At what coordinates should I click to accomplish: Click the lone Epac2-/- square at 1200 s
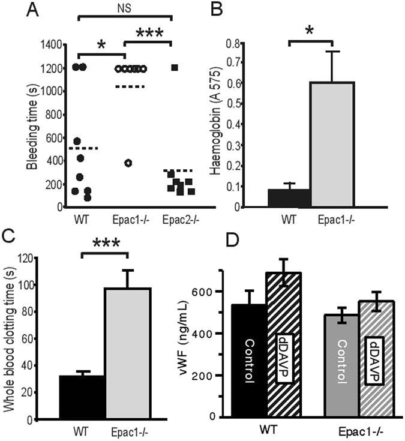[x=175, y=68]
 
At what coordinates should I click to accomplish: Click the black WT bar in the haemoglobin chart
[x=289, y=198]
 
